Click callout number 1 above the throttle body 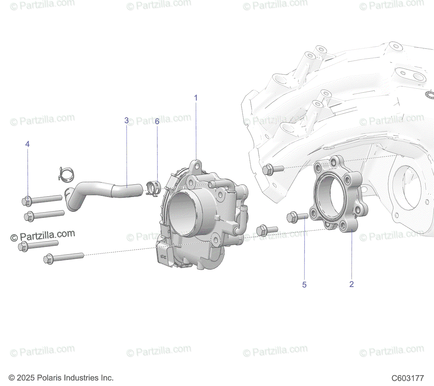click(x=196, y=98)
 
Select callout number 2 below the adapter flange click(x=351, y=284)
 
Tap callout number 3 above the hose click(x=126, y=120)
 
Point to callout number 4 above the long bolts click(x=27, y=144)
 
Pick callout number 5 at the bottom click(x=304, y=285)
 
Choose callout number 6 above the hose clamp click(x=157, y=121)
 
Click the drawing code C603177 click(x=407, y=378)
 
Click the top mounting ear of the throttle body click(x=196, y=165)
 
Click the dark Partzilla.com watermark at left click(x=43, y=236)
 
